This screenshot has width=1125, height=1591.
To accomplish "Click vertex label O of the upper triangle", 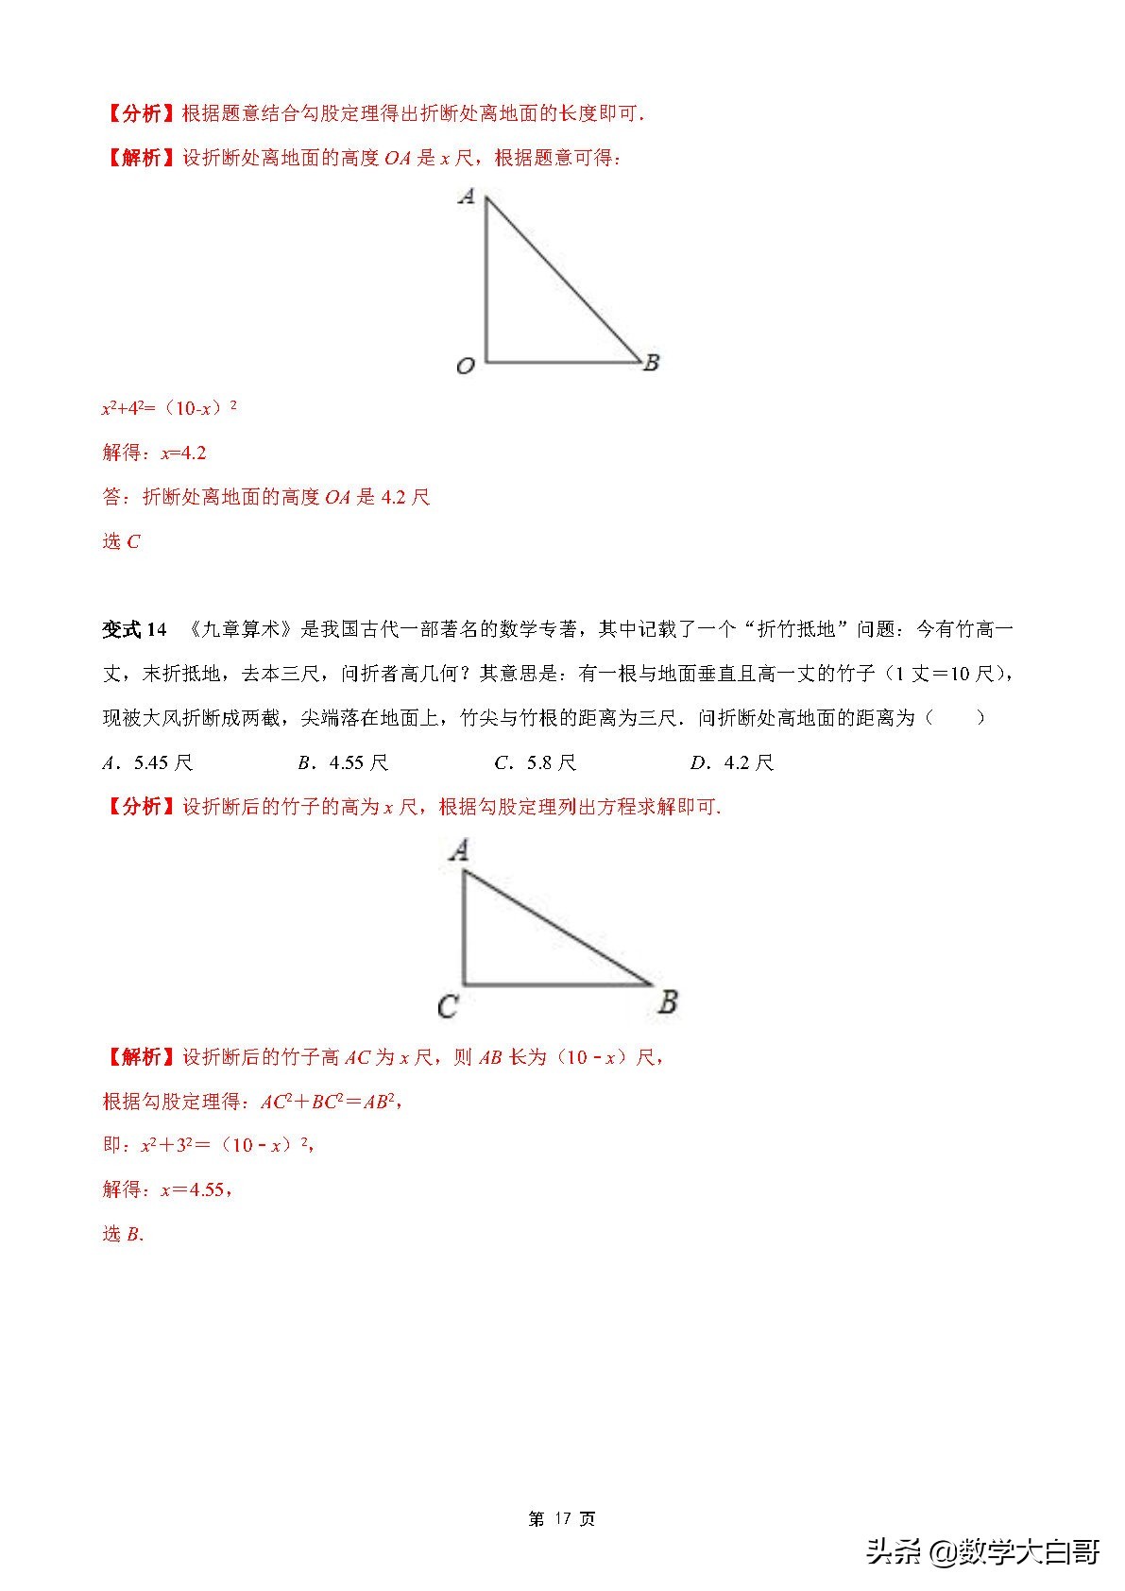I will click(465, 366).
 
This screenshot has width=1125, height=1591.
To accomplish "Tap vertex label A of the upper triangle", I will click(466, 197).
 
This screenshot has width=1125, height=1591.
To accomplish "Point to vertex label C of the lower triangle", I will click(448, 1006).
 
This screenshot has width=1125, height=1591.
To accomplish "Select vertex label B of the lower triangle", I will click(668, 1001).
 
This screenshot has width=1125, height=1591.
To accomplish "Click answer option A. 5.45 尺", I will click(147, 762).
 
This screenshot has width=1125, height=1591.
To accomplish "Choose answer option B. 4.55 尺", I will click(343, 762).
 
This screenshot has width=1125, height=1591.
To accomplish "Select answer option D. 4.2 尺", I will click(731, 762).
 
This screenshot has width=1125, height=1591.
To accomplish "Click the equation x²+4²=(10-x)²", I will click(169, 409).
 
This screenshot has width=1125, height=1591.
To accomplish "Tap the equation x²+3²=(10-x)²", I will click(227, 1145).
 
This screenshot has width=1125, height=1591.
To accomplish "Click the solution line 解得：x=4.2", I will click(154, 453).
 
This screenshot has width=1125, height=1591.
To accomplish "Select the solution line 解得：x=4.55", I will click(167, 1189).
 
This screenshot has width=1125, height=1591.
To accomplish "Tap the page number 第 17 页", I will click(562, 1518).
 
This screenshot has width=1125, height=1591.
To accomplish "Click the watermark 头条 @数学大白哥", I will click(982, 1551).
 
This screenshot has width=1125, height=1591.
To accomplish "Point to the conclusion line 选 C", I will click(121, 541).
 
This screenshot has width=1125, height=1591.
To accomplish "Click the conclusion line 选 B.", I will click(123, 1234).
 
